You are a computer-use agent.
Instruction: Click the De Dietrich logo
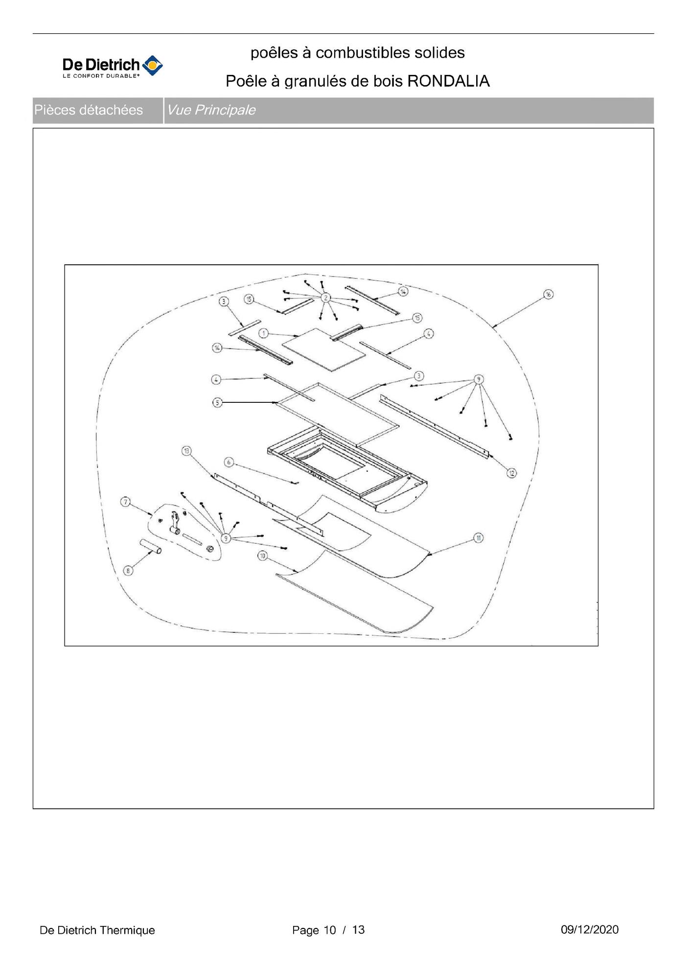(113, 67)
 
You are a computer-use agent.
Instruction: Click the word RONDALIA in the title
(448, 81)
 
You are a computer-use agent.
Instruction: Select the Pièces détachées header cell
(98, 110)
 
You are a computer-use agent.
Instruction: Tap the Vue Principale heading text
(211, 110)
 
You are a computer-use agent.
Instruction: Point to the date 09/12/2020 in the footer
(590, 929)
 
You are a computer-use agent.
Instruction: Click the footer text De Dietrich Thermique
(97, 930)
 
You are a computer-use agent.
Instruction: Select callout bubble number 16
(548, 294)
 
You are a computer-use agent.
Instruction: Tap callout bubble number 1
(263, 333)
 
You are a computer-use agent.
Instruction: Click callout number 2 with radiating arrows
(325, 297)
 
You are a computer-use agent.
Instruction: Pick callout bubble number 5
(217, 402)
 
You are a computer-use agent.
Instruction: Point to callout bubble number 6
(229, 462)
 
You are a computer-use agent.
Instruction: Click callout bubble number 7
(126, 502)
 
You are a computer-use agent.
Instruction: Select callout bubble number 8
(127, 570)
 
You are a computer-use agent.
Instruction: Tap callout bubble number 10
(263, 555)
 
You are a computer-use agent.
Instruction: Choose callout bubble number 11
(478, 538)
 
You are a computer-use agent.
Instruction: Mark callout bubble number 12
(511, 473)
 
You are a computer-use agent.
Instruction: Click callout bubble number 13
(186, 451)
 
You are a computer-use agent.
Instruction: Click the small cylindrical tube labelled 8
(151, 547)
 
